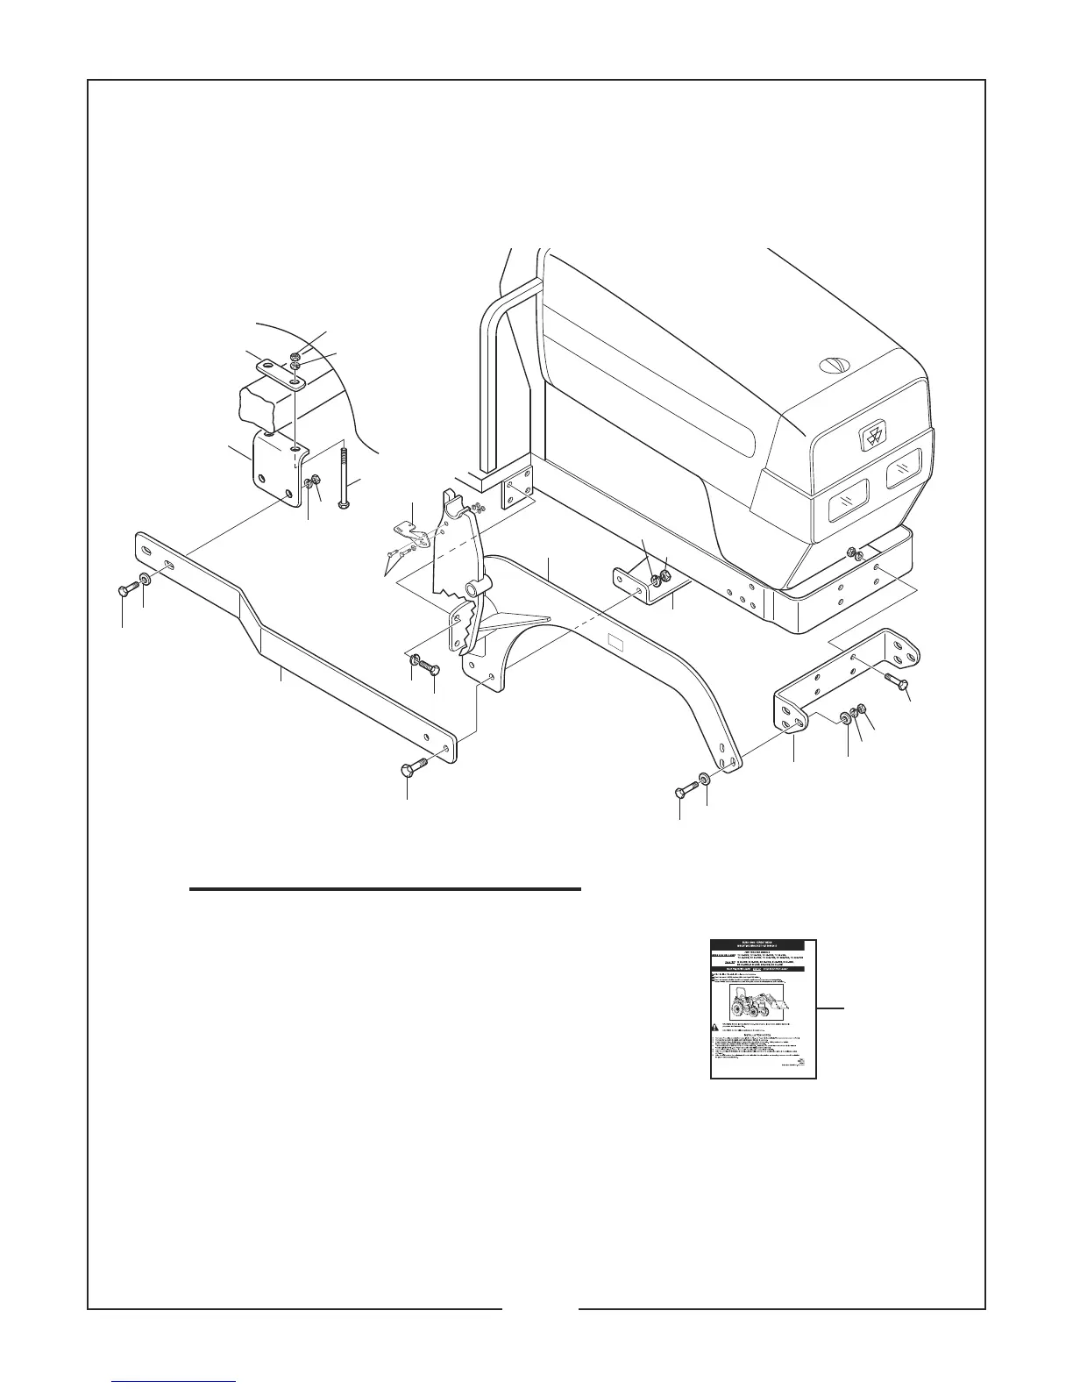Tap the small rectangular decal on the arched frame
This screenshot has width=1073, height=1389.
(x=617, y=643)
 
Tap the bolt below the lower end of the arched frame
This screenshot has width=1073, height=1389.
(x=685, y=792)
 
